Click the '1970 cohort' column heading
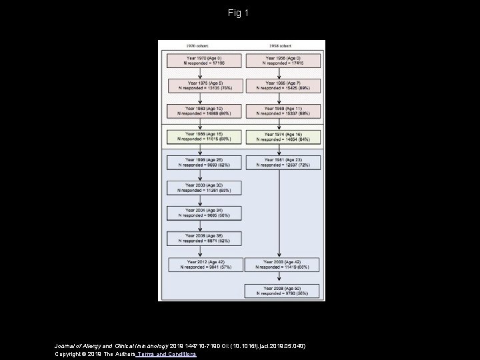(202, 46)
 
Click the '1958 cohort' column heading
(283, 46)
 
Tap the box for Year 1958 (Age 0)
(283, 61)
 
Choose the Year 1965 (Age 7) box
(283, 85)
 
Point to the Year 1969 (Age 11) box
(283, 111)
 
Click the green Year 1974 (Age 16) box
(283, 137)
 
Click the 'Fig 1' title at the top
(238, 13)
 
